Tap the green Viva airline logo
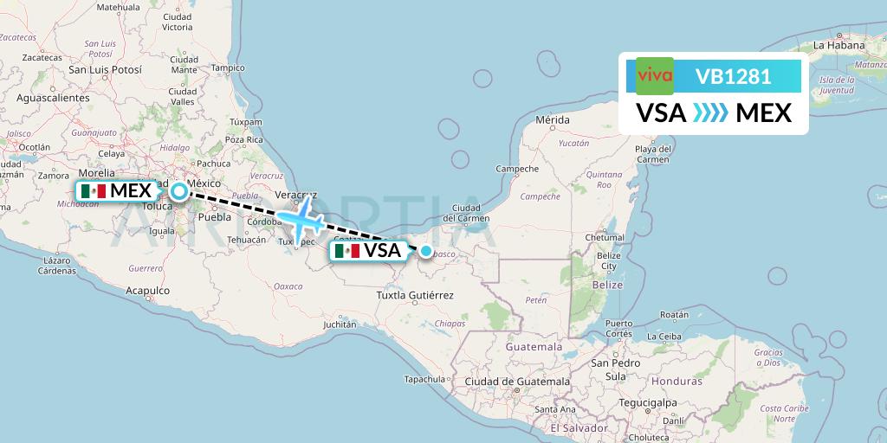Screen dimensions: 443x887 655,75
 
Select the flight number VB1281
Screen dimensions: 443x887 733,76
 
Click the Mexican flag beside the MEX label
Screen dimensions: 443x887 92,191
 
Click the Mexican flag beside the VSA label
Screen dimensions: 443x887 346,251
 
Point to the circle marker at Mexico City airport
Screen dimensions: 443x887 178,191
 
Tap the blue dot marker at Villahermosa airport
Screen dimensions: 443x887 425,251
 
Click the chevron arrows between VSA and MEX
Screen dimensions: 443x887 710,112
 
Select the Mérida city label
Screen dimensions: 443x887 553,119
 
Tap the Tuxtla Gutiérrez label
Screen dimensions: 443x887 414,295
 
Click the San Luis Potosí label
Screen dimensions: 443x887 104,69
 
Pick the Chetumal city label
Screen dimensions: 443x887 605,236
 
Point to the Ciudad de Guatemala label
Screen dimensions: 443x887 517,381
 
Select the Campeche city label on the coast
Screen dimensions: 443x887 517,169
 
